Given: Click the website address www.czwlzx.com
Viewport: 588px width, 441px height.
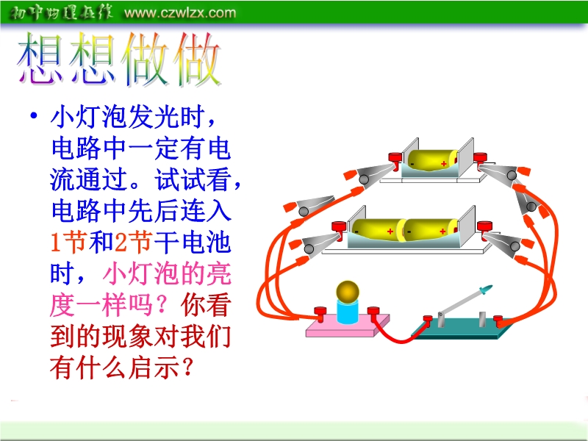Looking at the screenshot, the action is (x=180, y=12).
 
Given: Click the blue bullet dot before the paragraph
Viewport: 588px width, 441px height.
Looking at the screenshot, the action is (x=34, y=115).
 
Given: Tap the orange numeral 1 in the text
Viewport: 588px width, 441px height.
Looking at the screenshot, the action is (x=56, y=242).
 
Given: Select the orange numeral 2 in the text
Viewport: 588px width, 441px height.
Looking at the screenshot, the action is (x=120, y=242).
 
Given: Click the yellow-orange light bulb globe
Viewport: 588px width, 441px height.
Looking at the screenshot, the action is (x=348, y=292).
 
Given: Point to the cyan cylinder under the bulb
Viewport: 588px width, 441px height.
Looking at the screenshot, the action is (x=348, y=311).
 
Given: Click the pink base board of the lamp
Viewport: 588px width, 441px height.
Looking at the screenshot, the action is (x=348, y=327).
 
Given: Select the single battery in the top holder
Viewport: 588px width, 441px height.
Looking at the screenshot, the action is (x=432, y=160).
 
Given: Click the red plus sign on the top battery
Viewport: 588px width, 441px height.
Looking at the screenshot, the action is (x=444, y=163).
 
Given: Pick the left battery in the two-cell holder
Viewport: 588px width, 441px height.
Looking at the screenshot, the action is (x=378, y=229).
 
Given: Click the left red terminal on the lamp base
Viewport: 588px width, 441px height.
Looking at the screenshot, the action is (x=320, y=314).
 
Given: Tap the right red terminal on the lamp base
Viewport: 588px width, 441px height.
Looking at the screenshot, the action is (x=373, y=313).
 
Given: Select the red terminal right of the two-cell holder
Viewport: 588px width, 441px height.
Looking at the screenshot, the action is (x=484, y=229).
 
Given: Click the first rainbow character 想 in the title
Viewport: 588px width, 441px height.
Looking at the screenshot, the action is (x=40, y=58).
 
